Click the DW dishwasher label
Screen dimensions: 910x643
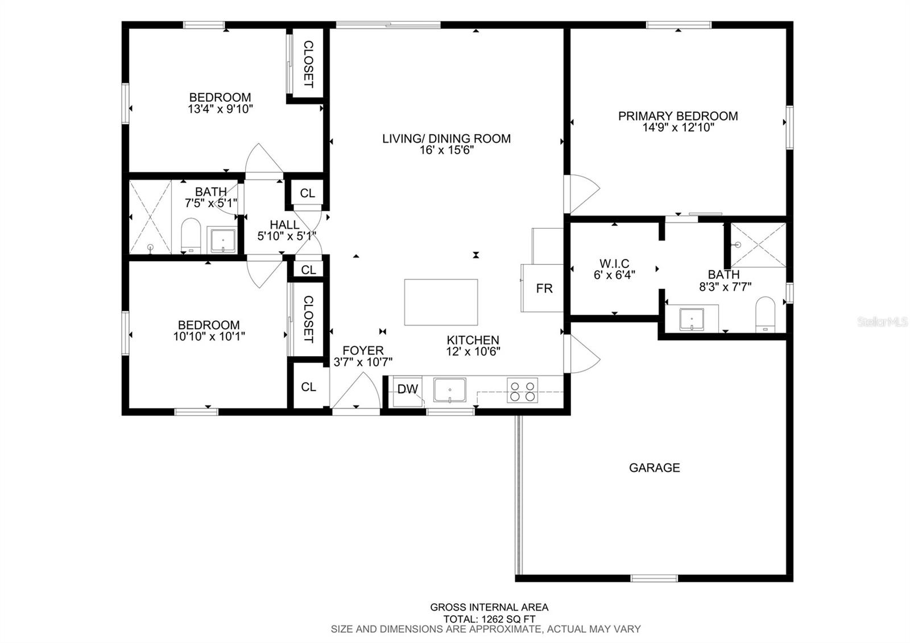click(407, 389)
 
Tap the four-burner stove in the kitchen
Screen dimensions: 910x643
click(523, 390)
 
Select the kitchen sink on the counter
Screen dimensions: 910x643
click(450, 390)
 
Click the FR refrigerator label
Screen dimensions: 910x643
click(544, 288)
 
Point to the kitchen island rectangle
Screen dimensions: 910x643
click(441, 302)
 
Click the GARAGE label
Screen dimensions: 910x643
click(655, 468)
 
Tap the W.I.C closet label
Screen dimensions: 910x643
click(614, 263)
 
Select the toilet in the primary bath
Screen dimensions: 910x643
click(765, 315)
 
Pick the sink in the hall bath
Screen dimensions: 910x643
click(222, 241)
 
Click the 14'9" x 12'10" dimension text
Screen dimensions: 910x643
click(678, 127)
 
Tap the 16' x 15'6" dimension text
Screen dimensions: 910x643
click(446, 150)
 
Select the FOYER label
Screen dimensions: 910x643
click(363, 351)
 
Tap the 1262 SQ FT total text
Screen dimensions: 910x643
click(508, 620)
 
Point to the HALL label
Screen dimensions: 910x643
click(284, 224)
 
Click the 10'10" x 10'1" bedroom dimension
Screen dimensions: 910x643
click(209, 336)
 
